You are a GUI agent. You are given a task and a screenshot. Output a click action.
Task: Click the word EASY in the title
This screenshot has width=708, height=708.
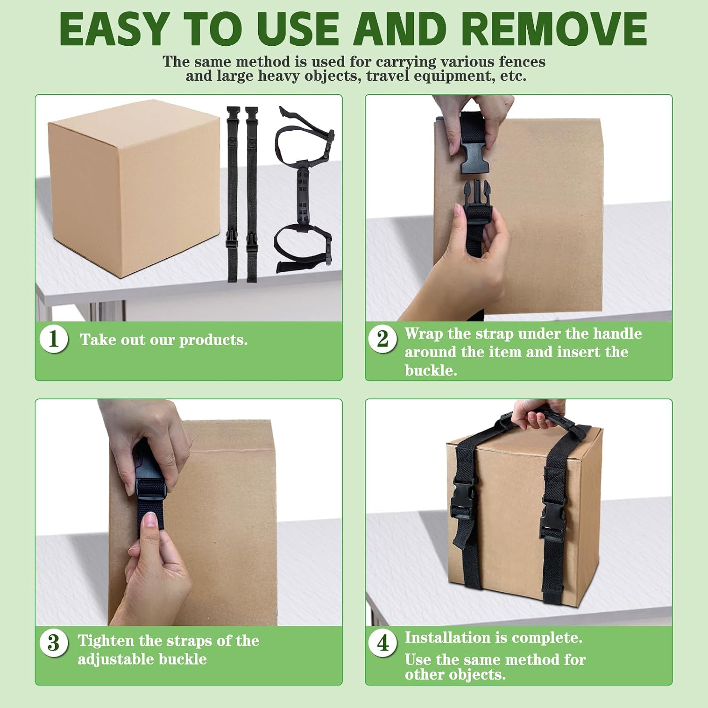click(x=114, y=29)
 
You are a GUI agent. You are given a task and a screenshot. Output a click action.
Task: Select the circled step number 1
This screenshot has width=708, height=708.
click(x=54, y=339)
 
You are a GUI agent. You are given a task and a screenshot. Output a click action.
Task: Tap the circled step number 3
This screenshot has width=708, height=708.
click(x=54, y=643)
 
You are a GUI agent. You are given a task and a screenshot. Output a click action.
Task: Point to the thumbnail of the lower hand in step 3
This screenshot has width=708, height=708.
click(x=151, y=520)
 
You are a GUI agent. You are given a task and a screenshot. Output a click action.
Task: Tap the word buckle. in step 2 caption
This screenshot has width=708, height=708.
click(x=431, y=370)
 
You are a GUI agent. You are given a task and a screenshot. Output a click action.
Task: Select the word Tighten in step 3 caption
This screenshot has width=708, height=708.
click(x=106, y=641)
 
